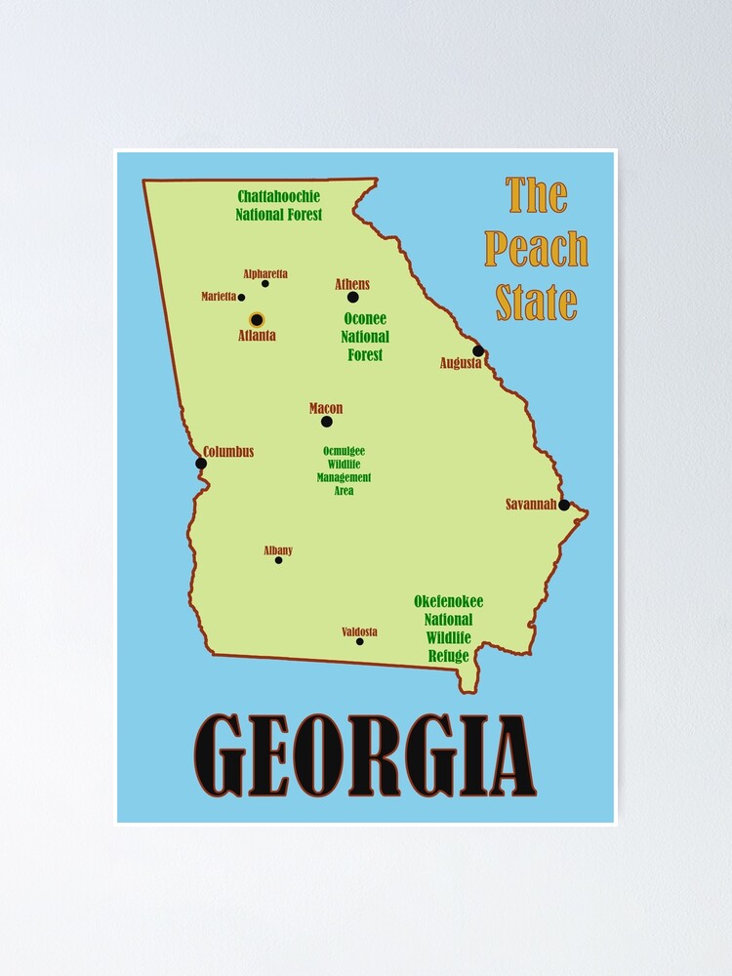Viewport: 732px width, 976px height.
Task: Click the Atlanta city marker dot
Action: coord(257,319)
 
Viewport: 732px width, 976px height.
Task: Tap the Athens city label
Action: coord(352,284)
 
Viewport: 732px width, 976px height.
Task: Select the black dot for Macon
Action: coord(326,422)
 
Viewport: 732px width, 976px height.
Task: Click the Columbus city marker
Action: coord(201,463)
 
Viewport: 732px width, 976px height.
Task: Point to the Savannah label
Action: coord(530,505)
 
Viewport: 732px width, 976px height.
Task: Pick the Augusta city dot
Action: coord(478,350)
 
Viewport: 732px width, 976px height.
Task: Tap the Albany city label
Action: coord(278,550)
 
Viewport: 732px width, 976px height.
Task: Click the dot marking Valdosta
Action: coord(360,641)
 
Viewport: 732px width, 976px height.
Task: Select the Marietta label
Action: coord(219,297)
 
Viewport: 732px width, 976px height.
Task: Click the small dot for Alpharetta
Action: coord(265,284)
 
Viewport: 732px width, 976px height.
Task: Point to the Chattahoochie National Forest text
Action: coord(279,205)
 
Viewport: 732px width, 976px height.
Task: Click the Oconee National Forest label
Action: coord(365,337)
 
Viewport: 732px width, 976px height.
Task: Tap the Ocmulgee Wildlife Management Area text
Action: coord(344,470)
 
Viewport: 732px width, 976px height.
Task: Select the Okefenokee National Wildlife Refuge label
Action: coord(448,629)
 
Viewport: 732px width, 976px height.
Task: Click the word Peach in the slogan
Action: coord(537,250)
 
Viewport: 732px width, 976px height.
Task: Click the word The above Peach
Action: coord(537,195)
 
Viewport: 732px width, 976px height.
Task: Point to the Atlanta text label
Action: coord(257,336)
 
